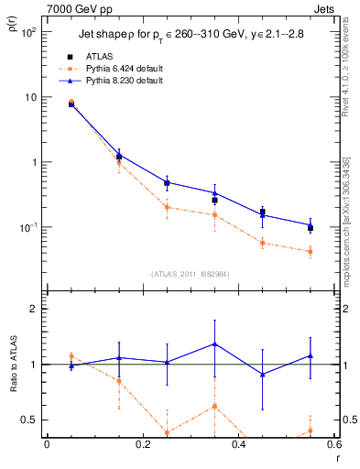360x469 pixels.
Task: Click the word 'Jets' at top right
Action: tap(325, 9)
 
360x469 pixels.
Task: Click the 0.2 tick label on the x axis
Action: tap(142, 446)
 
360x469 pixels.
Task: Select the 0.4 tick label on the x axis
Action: tap(238, 446)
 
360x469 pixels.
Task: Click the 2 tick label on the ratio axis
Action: tap(34, 310)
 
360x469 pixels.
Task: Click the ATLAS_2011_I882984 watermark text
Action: tap(190, 273)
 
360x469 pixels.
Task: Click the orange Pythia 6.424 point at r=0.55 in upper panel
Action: tap(311, 251)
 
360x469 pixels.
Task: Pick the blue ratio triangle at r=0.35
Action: tap(214, 344)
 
